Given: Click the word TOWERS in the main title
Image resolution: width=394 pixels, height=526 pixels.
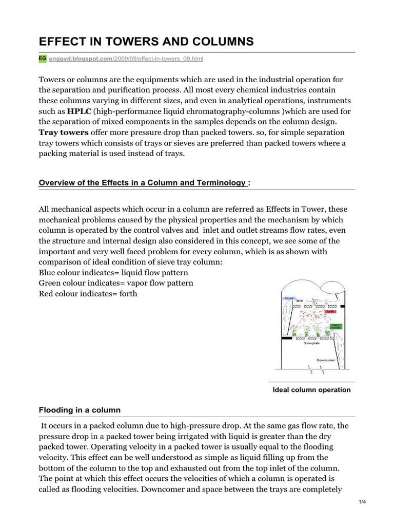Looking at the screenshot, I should (130, 42).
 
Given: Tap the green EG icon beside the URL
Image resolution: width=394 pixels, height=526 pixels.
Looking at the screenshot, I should (43, 59).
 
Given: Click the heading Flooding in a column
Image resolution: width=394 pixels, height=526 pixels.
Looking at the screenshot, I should (80, 409).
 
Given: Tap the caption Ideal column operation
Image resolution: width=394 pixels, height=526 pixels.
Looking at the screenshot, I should (312, 390).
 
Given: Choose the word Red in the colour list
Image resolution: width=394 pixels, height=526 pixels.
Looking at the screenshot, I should (47, 294).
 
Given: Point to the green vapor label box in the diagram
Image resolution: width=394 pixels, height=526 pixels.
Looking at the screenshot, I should (336, 326).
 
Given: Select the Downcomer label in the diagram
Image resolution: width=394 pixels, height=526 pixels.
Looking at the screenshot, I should (327, 360).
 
